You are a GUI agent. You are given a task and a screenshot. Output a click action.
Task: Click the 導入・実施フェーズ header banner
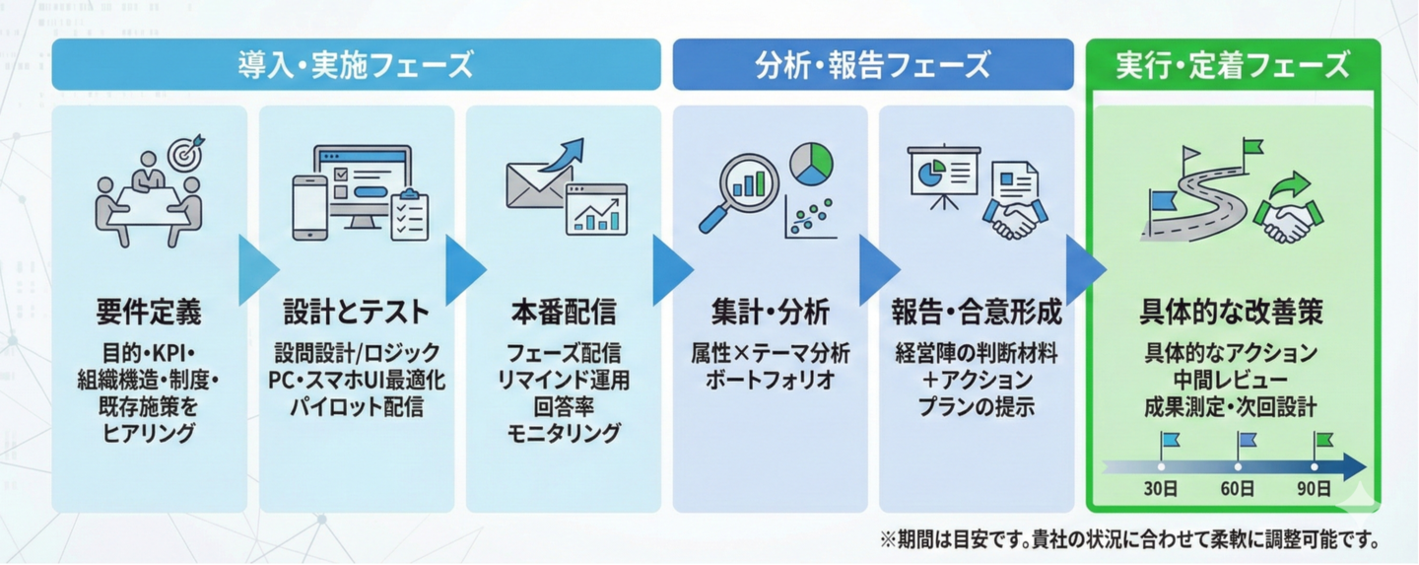355,66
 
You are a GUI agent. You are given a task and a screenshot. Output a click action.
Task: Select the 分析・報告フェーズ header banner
873,66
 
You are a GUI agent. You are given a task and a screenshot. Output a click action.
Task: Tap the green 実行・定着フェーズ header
1233,66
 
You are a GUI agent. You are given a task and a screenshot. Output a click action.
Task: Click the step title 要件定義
149,313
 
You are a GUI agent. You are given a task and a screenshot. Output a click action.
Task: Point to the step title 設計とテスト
357,313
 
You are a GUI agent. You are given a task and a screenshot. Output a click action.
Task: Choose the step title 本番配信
564,313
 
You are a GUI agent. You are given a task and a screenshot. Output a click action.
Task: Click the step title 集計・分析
770,313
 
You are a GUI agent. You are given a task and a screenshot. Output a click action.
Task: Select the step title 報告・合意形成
977,313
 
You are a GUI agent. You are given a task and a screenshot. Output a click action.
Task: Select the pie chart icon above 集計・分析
812,164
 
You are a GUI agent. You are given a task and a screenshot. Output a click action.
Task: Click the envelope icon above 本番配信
538,182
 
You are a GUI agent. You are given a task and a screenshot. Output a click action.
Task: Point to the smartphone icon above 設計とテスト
309,207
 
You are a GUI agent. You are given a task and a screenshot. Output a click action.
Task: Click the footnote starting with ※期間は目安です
1129,539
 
